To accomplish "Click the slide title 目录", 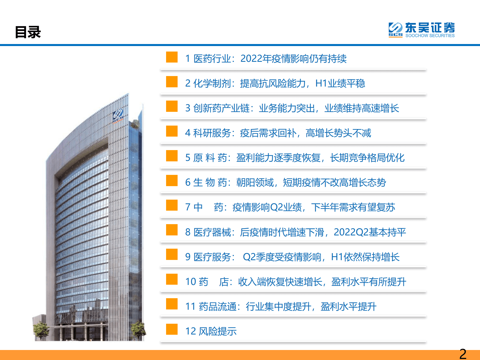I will (28, 32).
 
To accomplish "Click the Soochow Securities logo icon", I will (395, 30).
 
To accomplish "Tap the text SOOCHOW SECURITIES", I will (430, 36).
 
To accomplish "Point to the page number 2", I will (463, 354).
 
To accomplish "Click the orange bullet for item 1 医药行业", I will (172, 57).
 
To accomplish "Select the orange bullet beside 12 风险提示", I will (172, 329).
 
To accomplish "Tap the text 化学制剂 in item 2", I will (212, 83).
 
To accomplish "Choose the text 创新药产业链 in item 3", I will (221, 108).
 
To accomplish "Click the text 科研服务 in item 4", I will (212, 133).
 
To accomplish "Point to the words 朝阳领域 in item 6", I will (255, 182).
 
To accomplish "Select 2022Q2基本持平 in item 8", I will (370, 232).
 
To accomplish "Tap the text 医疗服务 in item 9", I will (212, 257).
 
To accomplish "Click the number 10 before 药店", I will (191, 282).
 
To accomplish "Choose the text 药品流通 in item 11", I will (217, 306).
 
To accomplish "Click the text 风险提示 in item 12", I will (217, 331).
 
